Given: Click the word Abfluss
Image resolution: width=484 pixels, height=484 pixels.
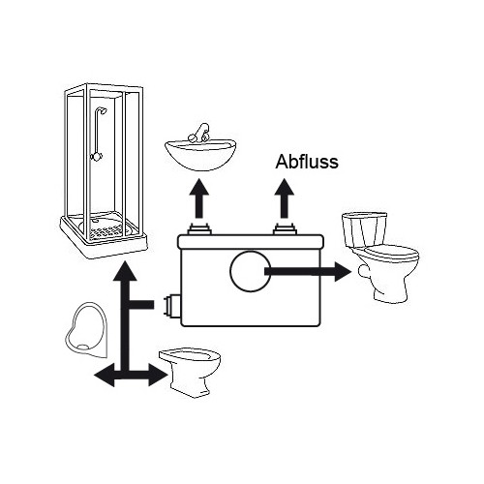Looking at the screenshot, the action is (x=307, y=162).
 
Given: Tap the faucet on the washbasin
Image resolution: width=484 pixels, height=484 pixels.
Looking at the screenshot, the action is (x=199, y=133).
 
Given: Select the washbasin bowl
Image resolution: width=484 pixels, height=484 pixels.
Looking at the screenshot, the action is (x=200, y=156).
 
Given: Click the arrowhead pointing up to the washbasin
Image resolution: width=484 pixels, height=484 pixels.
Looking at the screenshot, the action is (x=199, y=187).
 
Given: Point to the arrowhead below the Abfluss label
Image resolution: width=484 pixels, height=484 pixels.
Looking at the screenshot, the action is (x=285, y=187).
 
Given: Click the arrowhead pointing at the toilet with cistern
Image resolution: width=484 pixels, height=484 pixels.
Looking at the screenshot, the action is (x=343, y=271).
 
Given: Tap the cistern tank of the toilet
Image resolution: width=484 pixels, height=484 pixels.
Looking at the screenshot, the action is (x=364, y=229).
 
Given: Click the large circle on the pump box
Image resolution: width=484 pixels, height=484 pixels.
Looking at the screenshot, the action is (x=251, y=271).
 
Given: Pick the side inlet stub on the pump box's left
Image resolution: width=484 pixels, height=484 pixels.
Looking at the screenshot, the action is (x=172, y=305).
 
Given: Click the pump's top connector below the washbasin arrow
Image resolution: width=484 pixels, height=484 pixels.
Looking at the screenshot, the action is (x=200, y=228).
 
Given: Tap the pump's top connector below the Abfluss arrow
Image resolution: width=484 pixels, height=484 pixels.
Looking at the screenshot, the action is (x=285, y=228).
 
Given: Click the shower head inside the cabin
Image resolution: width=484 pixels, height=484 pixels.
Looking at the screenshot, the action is (x=104, y=110).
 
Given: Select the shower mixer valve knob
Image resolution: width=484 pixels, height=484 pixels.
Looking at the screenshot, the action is (x=96, y=157).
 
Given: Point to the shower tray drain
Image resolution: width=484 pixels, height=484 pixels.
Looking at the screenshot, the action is (x=95, y=221).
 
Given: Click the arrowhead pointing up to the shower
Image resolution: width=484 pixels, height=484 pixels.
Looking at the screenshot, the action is (x=125, y=271).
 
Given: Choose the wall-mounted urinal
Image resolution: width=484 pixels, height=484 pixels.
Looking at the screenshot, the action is (x=86, y=330).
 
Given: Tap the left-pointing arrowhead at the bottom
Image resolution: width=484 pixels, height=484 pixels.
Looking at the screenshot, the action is (x=104, y=375).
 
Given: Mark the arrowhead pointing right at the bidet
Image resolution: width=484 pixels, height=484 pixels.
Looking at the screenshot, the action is (x=158, y=375).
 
